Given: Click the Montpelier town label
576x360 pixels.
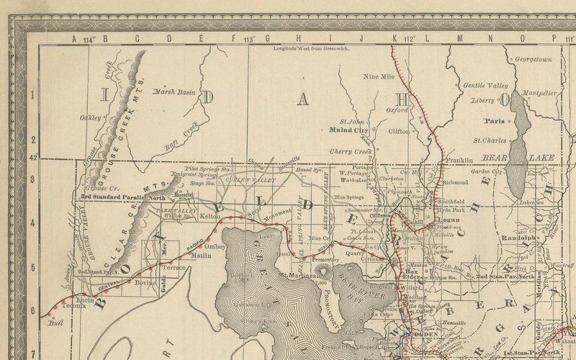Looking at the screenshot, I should coord(538,94).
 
